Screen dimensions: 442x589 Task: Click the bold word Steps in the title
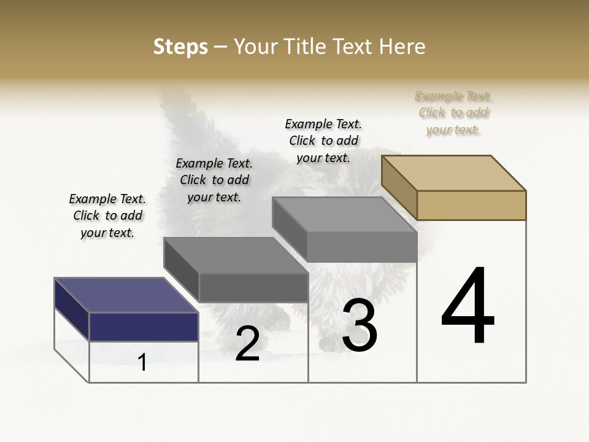(180, 47)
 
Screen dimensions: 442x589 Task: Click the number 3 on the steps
(360, 326)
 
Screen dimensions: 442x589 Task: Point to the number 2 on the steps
(247, 344)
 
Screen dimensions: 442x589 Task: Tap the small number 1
(142, 362)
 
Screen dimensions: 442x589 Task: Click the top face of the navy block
(126, 295)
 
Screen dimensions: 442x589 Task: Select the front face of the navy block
(144, 327)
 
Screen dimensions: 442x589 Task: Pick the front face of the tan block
(471, 205)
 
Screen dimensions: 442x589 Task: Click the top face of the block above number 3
(345, 214)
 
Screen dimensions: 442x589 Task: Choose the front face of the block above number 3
(362, 247)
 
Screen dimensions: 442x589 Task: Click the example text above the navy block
(107, 215)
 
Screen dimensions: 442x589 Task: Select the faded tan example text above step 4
(453, 112)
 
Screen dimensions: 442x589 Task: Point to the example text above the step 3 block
(323, 141)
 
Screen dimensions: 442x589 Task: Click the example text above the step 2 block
(214, 180)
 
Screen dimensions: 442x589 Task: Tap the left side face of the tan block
(399, 187)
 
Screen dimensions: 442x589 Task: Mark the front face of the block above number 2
(253, 287)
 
